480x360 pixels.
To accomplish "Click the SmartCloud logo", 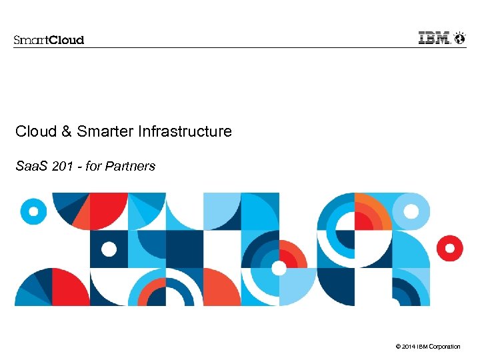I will point(49,39).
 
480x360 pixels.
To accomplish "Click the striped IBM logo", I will point(434,38).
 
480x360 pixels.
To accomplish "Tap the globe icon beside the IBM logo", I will point(459,38).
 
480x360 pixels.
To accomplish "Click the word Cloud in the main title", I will point(36,131).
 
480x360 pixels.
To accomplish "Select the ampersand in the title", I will point(66,131).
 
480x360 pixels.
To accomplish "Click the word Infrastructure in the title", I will point(185,131).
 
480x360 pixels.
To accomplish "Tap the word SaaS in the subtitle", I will point(29,166).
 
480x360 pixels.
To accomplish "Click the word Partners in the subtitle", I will point(133,166).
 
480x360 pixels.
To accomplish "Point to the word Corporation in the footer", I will point(445,347).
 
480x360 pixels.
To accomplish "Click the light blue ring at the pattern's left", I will point(33,211).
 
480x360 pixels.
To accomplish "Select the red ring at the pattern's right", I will point(450,249).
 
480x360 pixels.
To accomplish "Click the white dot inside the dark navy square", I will point(109,249).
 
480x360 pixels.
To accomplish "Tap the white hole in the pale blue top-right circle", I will point(411,212).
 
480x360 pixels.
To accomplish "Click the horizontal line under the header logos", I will point(240,47).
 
